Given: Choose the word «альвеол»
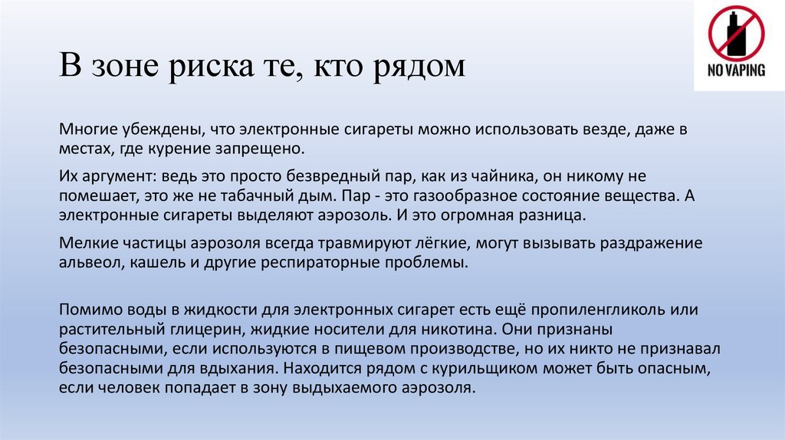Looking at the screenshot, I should pos(87,263).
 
